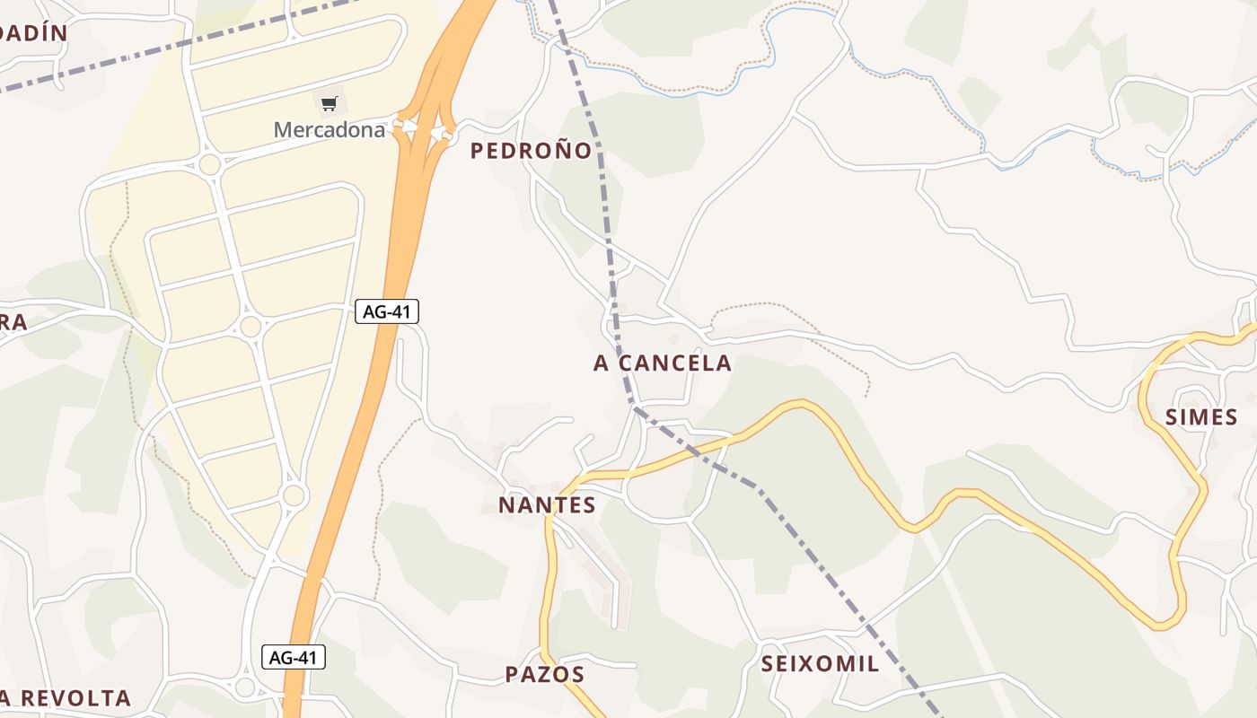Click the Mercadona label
pos(329,130)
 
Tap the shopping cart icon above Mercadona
pos(329,104)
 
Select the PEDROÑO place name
pos(532,151)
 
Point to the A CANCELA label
pos(663,363)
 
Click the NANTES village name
pos(547,505)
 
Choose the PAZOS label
pos(545,675)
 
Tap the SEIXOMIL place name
pos(820,664)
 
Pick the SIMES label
pos(1201,416)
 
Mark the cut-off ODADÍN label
pos(33,33)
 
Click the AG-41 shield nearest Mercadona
pos(387,312)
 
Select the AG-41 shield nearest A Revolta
pos(294,658)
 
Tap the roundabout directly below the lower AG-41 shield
pos(245,688)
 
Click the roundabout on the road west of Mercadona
pos(210,164)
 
